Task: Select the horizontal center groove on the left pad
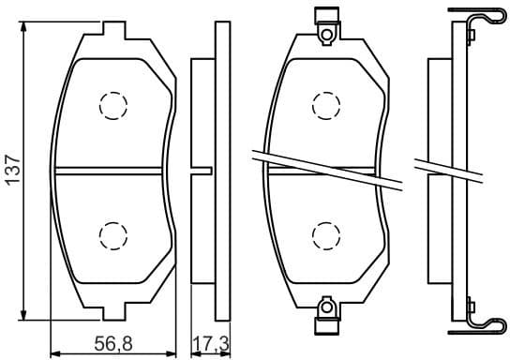(x=112, y=170)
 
